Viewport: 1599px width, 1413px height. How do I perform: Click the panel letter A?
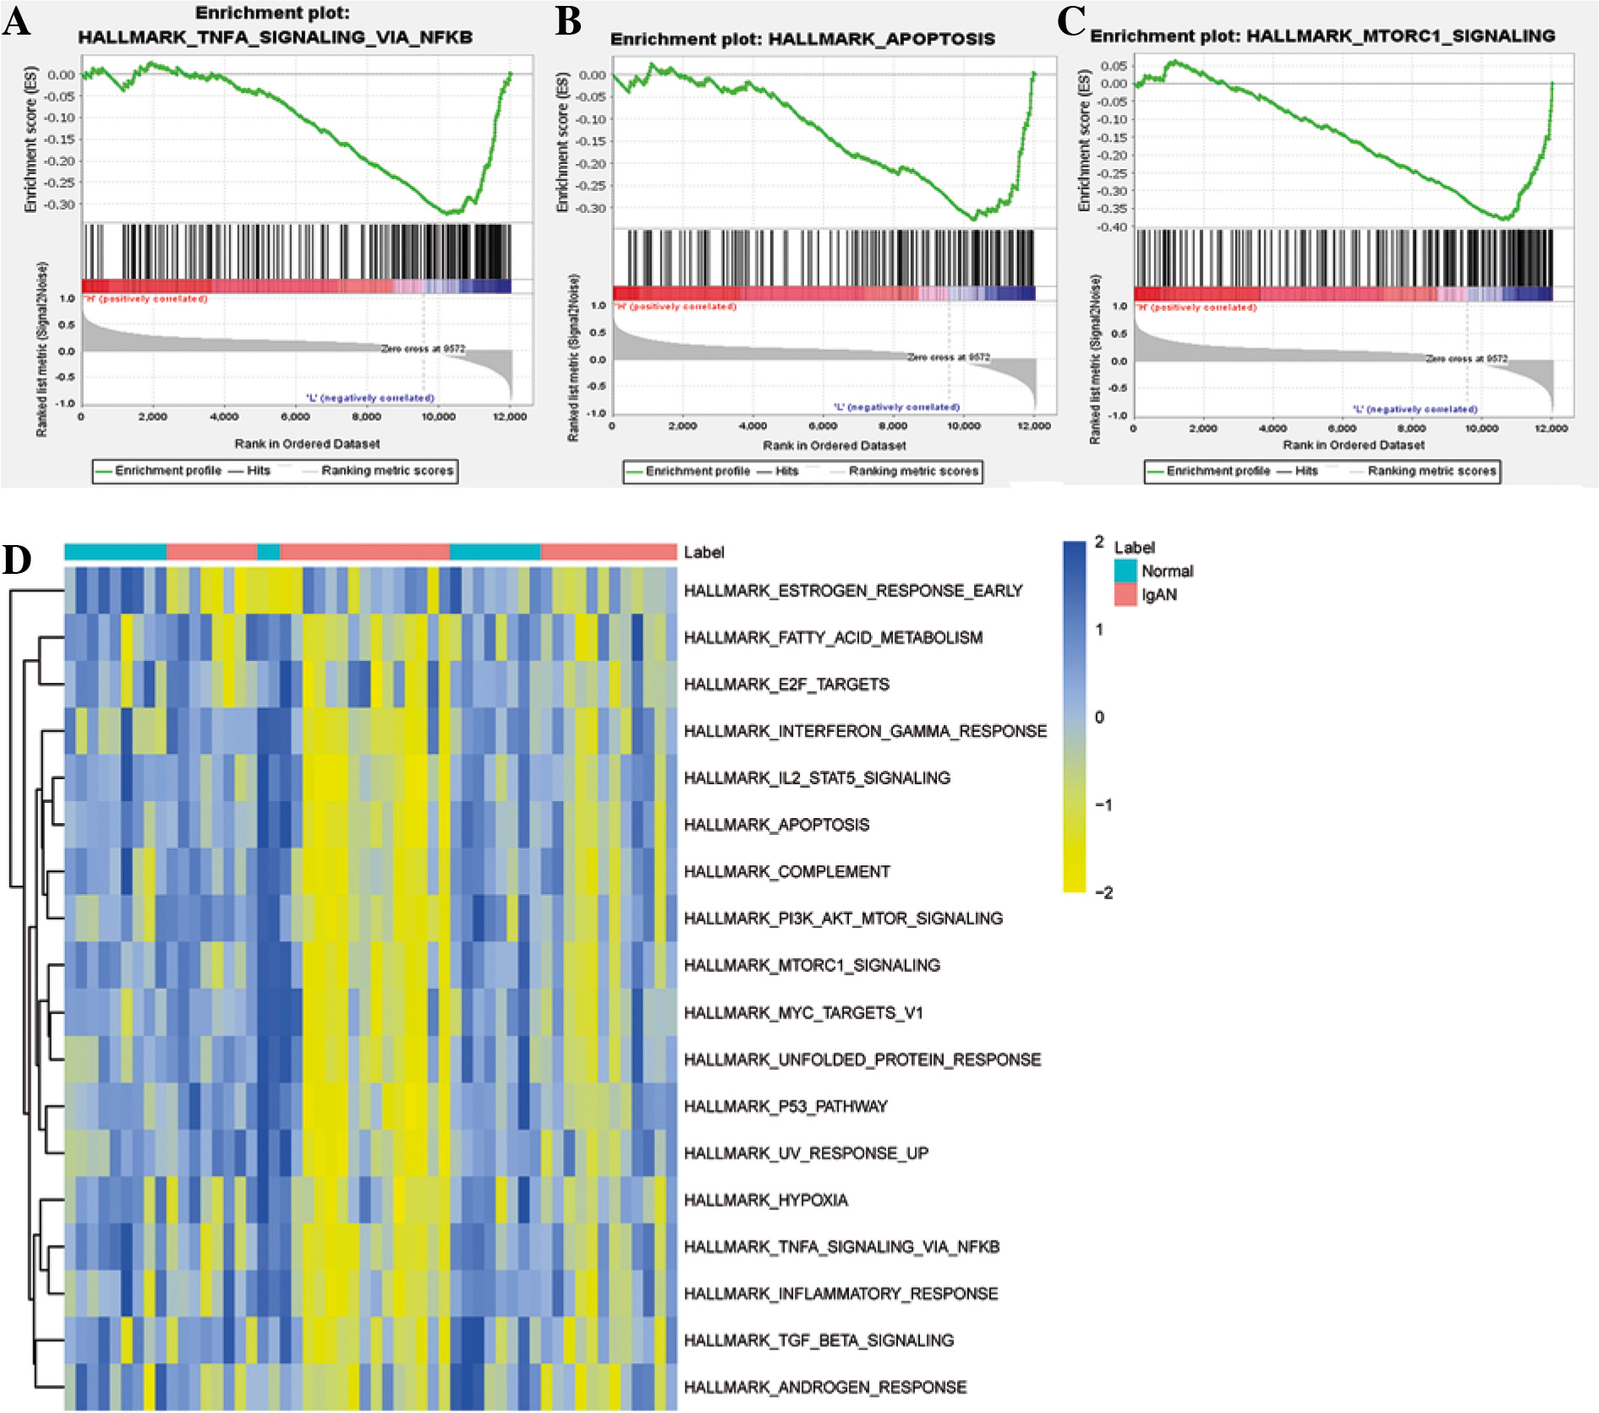coord(17,20)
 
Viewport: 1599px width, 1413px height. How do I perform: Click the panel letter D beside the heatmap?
coord(17,559)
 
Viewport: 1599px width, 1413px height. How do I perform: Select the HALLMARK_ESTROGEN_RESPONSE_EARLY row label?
coord(852,591)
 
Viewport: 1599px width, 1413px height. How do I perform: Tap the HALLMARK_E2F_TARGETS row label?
coord(786,685)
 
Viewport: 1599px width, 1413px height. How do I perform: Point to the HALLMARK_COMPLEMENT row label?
coord(786,871)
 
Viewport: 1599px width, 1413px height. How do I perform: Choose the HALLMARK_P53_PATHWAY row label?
coord(786,1106)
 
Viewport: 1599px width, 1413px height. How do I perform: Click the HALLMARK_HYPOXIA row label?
coord(765,1200)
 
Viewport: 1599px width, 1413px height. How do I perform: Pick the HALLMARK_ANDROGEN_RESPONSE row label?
coord(824,1387)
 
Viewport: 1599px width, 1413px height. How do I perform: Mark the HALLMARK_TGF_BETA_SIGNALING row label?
coord(819,1340)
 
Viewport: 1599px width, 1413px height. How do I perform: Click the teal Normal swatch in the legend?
coord(1125,570)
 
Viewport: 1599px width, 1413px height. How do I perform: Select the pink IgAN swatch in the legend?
coord(1125,594)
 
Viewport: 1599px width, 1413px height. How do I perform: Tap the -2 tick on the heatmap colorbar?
coord(1103,892)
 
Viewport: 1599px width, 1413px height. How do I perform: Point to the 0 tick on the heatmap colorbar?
coord(1099,717)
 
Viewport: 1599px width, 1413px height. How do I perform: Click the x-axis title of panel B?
coord(834,445)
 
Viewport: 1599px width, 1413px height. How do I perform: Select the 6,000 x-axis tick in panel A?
coord(295,417)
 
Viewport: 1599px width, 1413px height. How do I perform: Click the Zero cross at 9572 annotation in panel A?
coord(423,348)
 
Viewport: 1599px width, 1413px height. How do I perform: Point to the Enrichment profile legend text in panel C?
coord(1218,471)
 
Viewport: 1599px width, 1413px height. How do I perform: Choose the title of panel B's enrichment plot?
coord(802,39)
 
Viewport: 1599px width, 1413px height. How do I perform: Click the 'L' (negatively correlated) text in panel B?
coord(896,406)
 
